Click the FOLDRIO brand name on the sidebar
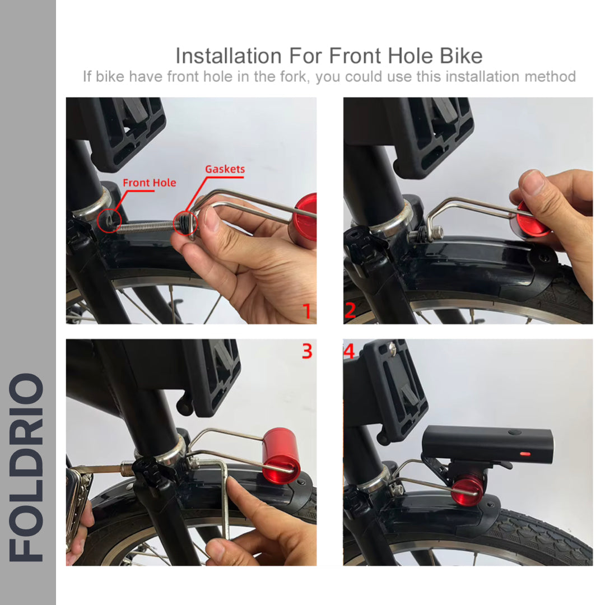[x=27, y=468]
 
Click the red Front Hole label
[x=149, y=183]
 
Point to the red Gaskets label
[x=225, y=169]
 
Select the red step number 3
[x=307, y=351]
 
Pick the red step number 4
[x=350, y=351]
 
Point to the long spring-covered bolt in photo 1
[x=147, y=226]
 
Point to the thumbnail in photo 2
[x=532, y=182]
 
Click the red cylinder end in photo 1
[x=306, y=216]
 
